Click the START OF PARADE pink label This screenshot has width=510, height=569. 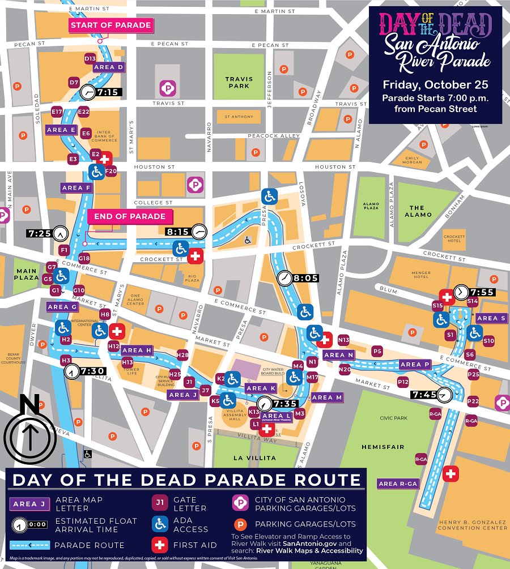[x=110, y=25]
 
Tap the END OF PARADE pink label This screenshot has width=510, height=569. [x=130, y=216]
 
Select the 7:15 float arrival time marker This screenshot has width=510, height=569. [x=101, y=92]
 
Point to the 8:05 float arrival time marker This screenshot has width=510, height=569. [x=299, y=278]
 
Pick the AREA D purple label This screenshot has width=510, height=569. [x=108, y=67]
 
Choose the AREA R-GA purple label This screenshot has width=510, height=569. [x=398, y=484]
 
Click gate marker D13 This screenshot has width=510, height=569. [x=90, y=58]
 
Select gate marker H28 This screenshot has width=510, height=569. [x=182, y=355]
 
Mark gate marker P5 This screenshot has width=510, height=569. [x=377, y=351]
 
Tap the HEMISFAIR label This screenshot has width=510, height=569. [x=383, y=447]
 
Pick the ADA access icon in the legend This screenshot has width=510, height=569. [x=160, y=524]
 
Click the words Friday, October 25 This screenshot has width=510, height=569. [x=435, y=85]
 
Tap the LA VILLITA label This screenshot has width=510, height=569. [x=253, y=457]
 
